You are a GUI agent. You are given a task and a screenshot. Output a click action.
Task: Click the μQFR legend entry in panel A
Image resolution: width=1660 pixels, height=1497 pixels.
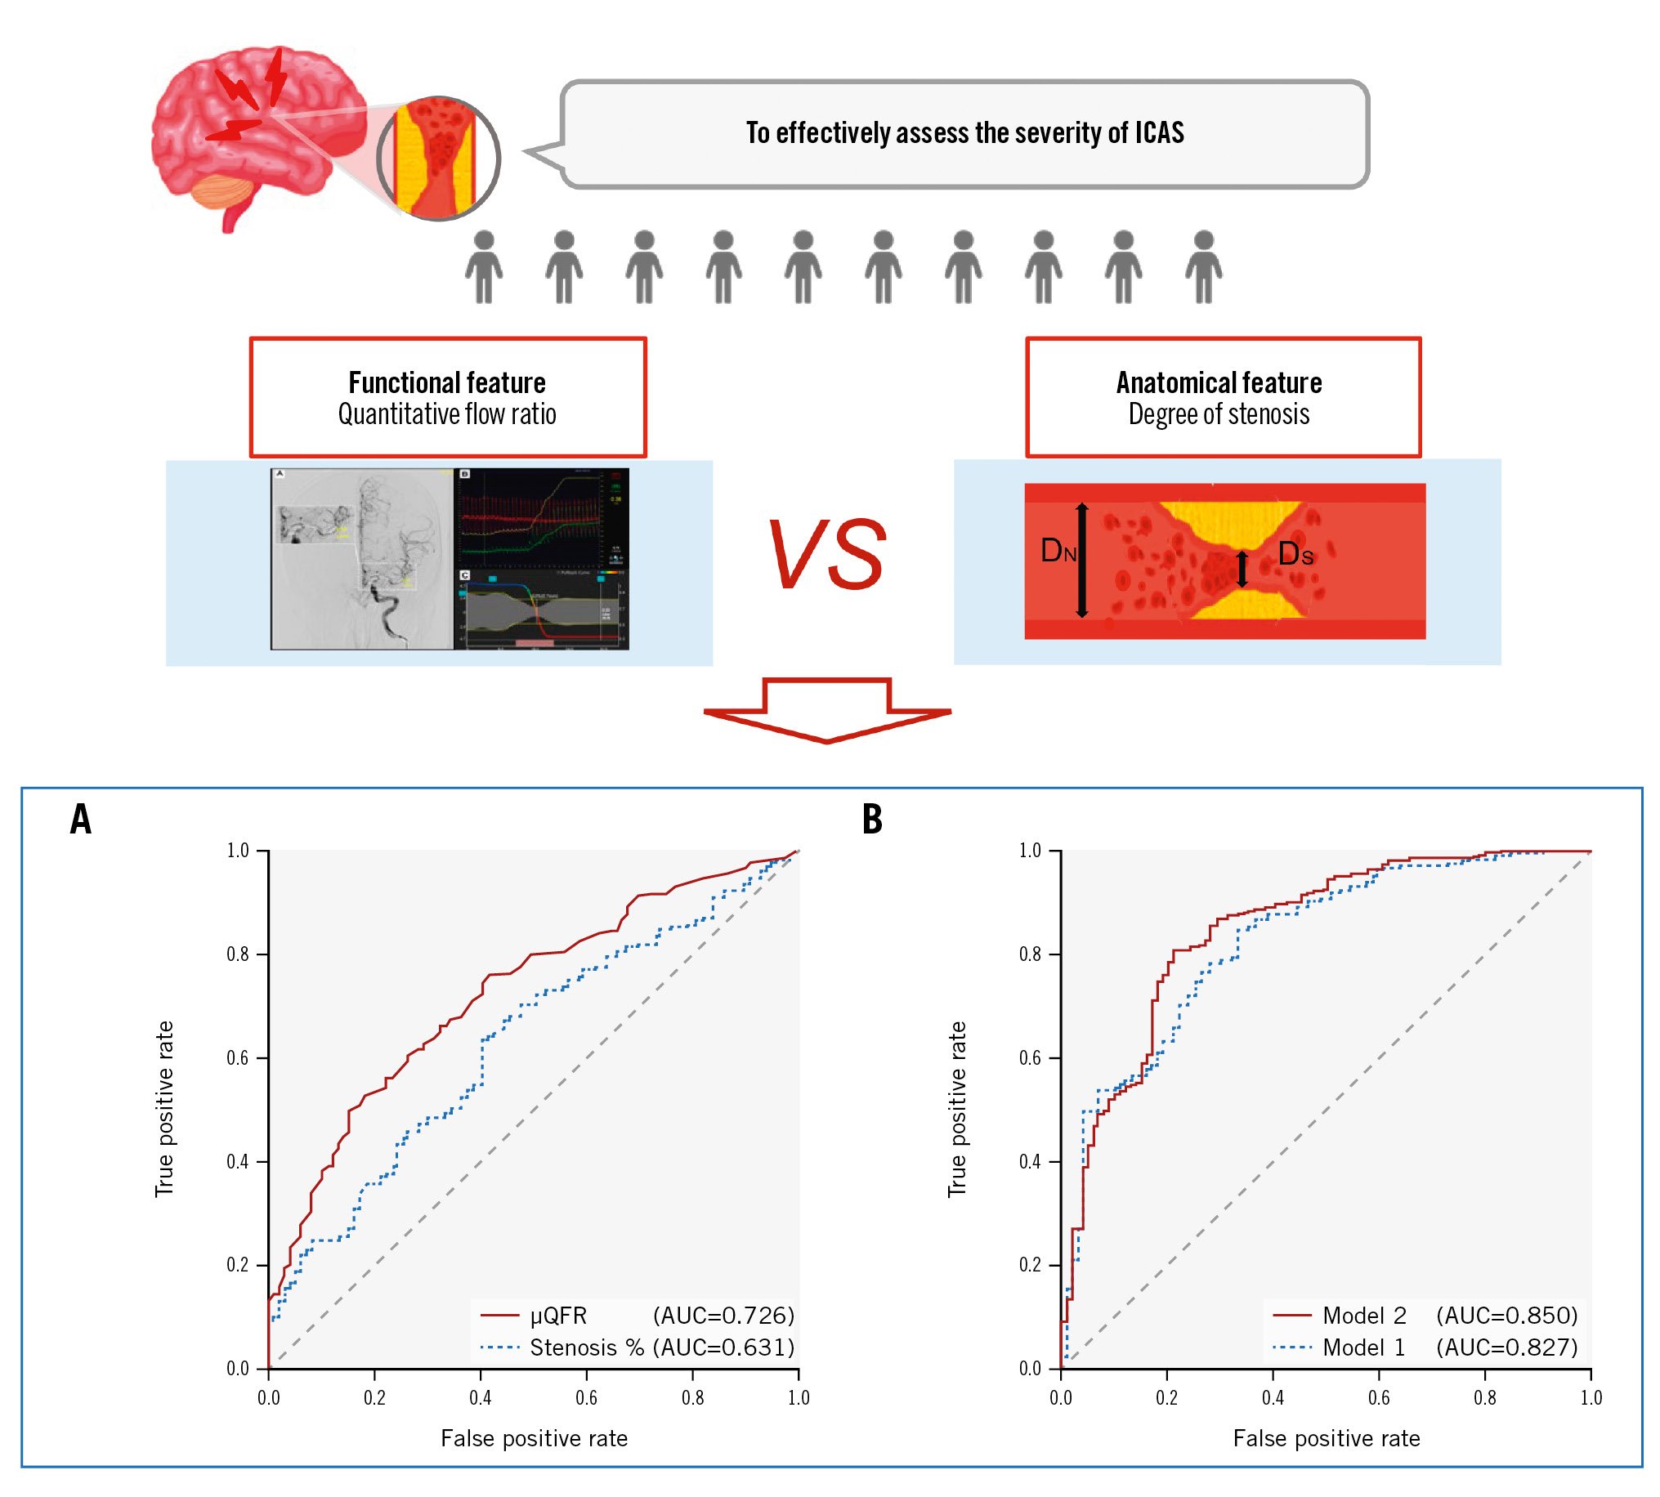557,1316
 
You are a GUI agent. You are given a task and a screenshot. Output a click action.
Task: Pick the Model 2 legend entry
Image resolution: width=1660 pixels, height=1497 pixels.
1364,1316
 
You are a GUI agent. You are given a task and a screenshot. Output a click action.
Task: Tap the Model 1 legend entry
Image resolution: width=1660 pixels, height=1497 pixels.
1363,1347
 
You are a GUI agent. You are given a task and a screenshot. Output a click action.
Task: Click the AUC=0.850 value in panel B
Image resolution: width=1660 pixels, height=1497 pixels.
1507,1316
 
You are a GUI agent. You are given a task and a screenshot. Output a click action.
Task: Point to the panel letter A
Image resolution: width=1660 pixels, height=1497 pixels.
81,820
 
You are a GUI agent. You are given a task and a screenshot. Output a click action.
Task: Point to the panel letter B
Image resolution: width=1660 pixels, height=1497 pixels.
872,820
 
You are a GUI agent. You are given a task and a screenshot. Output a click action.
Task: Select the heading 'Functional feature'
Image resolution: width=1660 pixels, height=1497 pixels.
446,382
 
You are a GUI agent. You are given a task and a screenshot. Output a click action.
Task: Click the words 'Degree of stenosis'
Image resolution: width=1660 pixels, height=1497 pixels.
1219,413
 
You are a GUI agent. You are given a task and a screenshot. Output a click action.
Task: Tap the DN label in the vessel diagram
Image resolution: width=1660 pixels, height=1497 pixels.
1058,550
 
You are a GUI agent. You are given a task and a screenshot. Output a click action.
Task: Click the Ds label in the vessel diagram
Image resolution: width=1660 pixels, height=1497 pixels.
1295,554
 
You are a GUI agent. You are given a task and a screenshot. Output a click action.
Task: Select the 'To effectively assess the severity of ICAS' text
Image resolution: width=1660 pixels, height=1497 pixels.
964,132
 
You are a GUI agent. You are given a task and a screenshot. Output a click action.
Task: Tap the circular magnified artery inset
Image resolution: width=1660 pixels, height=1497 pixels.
438,158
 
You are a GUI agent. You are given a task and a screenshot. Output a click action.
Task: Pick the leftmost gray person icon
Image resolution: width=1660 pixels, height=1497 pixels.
484,266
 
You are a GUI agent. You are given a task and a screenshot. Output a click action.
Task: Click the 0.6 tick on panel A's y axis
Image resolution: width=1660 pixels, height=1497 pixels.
238,1057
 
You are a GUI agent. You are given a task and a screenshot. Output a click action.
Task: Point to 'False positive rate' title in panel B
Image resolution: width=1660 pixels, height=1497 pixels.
1326,1438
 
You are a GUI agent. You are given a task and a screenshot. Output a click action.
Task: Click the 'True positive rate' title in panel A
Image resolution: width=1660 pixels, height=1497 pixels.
164,1109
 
